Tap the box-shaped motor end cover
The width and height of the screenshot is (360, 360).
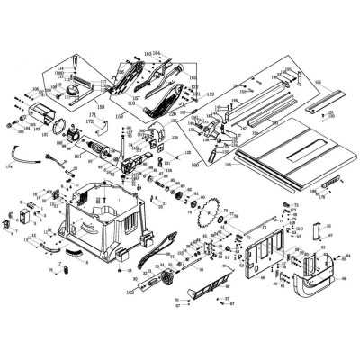(41, 118)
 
